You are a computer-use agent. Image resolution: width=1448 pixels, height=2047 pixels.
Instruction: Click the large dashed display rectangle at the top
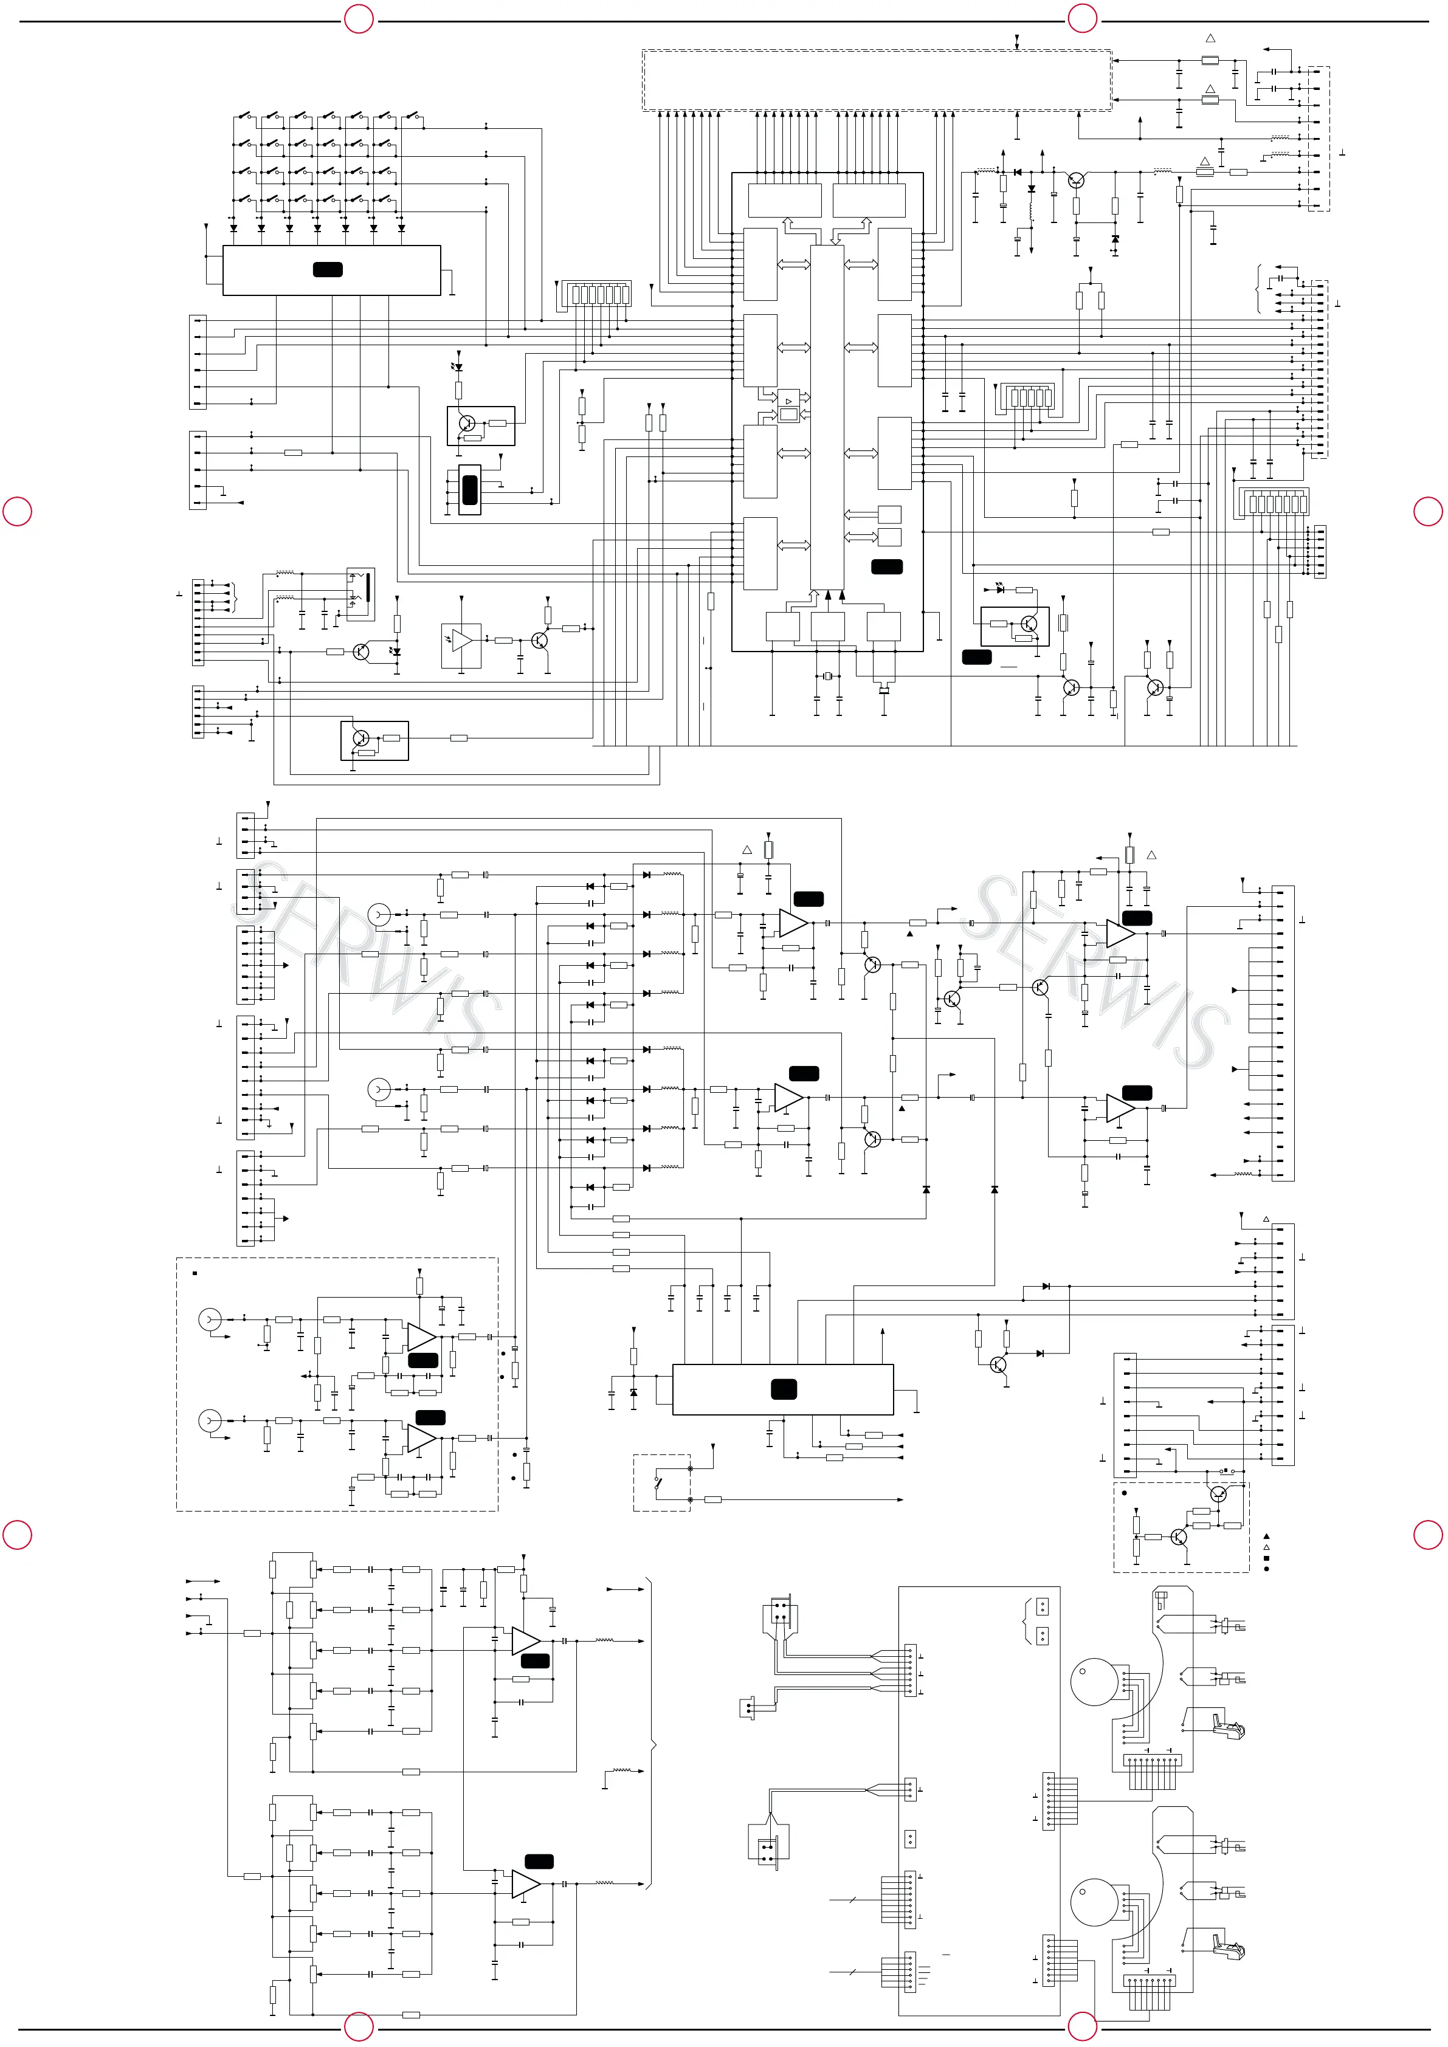[x=877, y=80]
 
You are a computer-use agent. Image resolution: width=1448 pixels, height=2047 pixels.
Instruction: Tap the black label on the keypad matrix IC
[x=327, y=269]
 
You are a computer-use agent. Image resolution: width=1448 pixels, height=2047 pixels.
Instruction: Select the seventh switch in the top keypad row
[x=413, y=116]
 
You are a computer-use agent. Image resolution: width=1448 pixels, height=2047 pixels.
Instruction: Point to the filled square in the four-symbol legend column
[x=1266, y=1558]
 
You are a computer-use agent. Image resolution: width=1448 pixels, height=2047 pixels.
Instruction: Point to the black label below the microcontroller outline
[x=976, y=657]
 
